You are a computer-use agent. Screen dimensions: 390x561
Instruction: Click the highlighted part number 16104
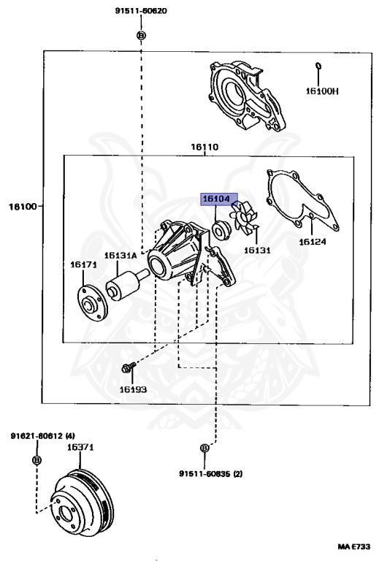[216, 199]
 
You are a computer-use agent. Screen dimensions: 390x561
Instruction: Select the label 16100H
[321, 91]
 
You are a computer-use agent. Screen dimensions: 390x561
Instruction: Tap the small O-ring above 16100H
[318, 66]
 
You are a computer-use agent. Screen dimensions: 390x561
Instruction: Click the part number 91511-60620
[141, 11]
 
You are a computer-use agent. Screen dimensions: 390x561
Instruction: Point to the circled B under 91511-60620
[141, 35]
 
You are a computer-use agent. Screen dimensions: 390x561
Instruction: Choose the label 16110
[204, 147]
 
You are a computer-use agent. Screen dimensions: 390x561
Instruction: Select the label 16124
[313, 242]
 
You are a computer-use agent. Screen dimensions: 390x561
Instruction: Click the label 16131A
[121, 256]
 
